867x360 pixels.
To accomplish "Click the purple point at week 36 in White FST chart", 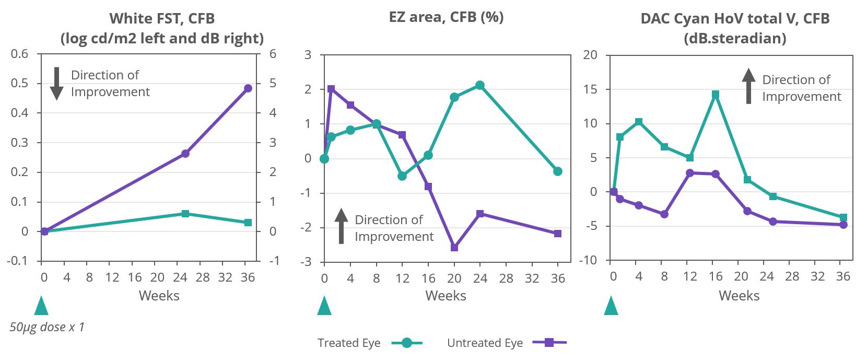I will click(x=248, y=88).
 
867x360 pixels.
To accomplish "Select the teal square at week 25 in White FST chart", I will click(x=185, y=214).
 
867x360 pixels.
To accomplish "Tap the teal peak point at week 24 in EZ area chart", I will click(x=480, y=85).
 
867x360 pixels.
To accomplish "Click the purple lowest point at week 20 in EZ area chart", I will click(x=454, y=248).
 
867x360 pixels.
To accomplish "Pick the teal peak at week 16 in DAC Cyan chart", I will click(x=716, y=95).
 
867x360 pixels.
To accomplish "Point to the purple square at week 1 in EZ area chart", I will click(x=331, y=89).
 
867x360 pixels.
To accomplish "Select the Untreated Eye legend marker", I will click(x=549, y=343).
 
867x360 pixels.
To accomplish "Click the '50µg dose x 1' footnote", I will click(x=47, y=328).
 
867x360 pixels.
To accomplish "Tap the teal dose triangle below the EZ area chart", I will click(x=324, y=306).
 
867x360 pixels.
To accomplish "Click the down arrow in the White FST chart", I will click(x=56, y=84).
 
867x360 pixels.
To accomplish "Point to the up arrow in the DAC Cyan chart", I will click(x=749, y=86).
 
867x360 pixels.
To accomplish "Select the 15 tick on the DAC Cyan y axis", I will click(x=589, y=89).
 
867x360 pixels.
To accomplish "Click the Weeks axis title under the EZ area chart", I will click(x=446, y=296).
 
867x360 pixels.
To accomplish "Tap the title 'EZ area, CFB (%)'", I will click(x=446, y=17).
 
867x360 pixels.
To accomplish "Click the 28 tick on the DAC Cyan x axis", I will click(x=792, y=276).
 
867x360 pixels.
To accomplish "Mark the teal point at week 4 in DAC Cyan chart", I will click(x=638, y=122).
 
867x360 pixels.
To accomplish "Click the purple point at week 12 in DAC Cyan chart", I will click(x=690, y=173).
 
